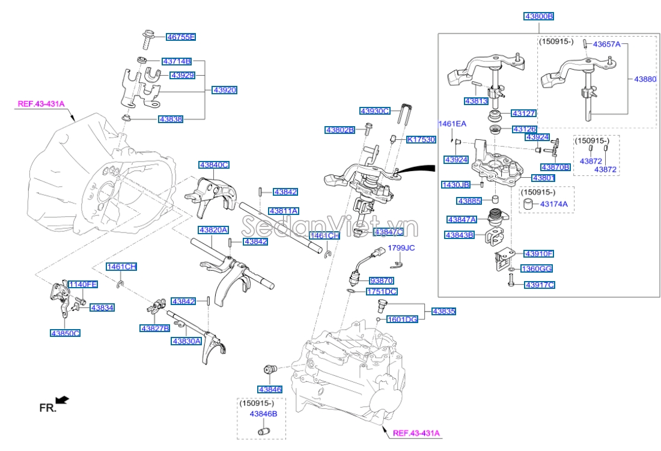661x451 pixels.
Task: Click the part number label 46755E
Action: tap(181, 37)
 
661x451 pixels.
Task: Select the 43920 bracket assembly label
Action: tap(224, 90)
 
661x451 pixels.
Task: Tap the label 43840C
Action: tap(214, 165)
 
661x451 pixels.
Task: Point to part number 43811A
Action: tap(284, 211)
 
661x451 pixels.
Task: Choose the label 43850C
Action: tap(65, 333)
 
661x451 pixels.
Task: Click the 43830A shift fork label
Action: tap(186, 341)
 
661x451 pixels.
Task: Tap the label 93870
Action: tap(381, 280)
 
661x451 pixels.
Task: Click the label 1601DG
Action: tap(402, 319)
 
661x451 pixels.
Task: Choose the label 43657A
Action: tap(606, 44)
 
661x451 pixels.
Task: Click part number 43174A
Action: tap(553, 205)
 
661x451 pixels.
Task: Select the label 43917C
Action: tap(539, 285)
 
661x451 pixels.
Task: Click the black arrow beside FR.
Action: tap(62, 399)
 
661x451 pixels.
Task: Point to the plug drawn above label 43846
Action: tap(269, 368)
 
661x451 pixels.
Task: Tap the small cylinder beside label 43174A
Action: tap(527, 205)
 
